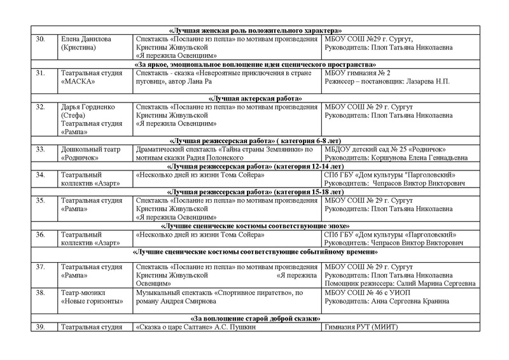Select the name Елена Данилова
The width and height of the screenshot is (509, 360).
(x=86, y=39)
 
